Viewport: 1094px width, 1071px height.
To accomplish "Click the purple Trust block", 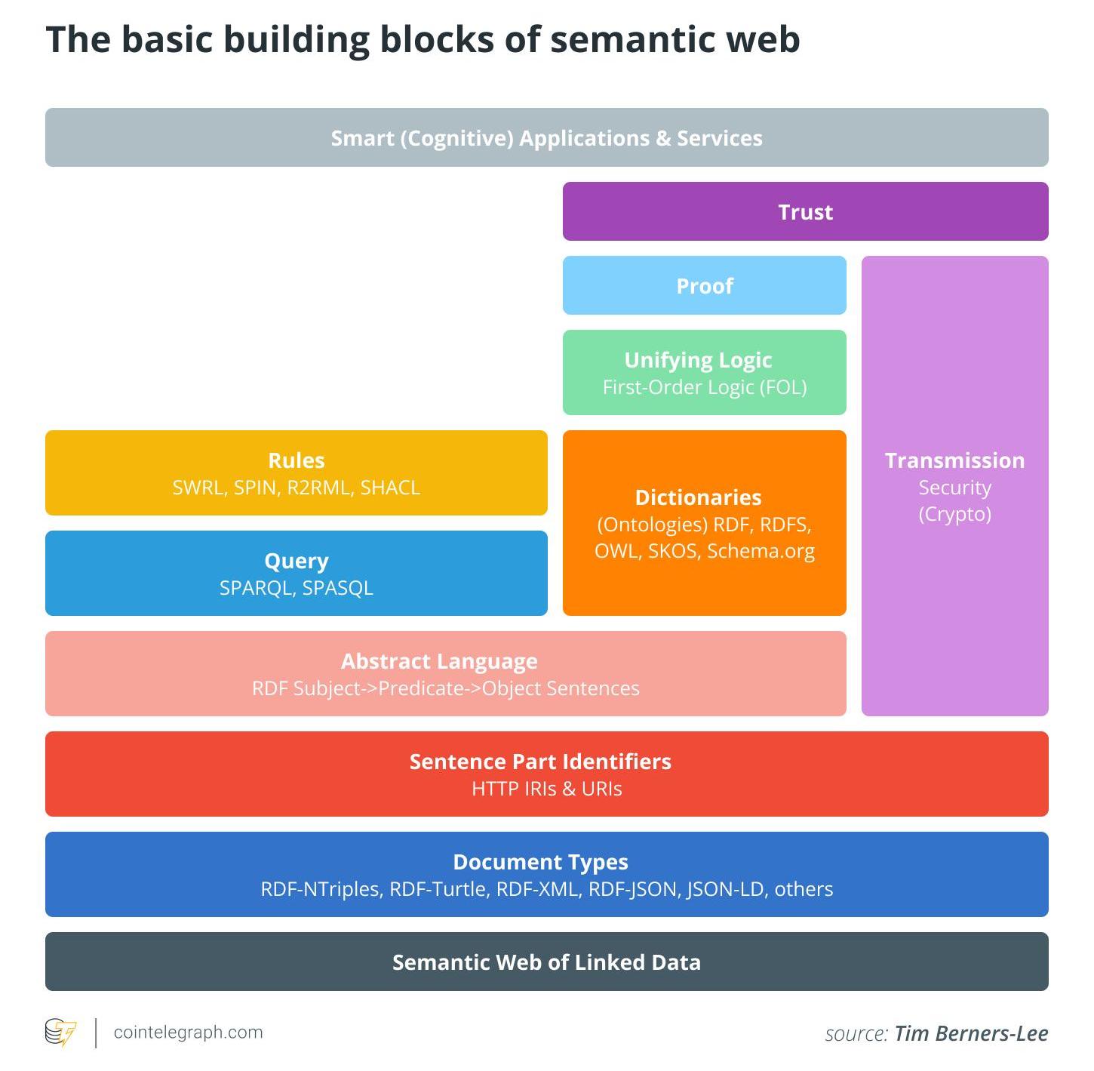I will (x=805, y=212).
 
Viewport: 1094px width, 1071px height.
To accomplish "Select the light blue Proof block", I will (x=704, y=286).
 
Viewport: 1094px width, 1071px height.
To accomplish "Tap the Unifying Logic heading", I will (x=698, y=360).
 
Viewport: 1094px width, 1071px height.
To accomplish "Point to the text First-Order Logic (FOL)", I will (x=704, y=387).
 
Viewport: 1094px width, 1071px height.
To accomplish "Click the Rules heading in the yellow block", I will (x=296, y=460).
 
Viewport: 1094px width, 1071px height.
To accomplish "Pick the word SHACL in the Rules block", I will (x=390, y=488).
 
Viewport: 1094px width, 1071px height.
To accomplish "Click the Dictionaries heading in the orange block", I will (x=698, y=497).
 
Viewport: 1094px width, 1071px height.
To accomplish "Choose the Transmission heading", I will (x=954, y=460).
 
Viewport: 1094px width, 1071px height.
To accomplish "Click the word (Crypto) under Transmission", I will (x=954, y=514).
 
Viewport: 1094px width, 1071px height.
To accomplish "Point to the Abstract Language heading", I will (x=439, y=661).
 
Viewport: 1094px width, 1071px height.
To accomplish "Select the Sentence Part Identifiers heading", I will (x=540, y=762).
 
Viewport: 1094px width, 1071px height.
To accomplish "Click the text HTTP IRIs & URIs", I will (x=546, y=789).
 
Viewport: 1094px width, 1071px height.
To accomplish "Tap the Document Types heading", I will (x=540, y=862).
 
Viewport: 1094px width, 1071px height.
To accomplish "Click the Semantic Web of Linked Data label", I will (x=546, y=962).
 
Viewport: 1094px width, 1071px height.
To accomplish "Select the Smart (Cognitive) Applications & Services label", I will (x=546, y=138).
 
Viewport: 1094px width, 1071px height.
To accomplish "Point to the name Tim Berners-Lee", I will (x=971, y=1033).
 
